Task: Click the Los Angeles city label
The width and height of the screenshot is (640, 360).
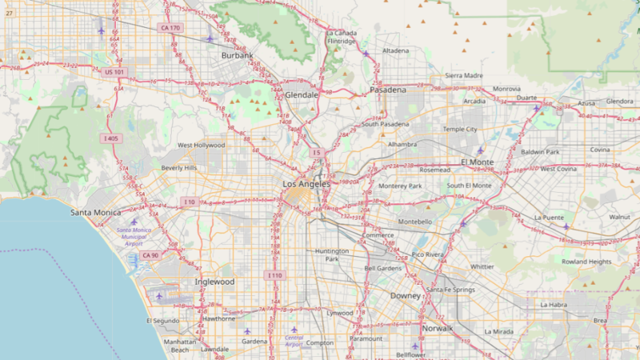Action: pos(306,184)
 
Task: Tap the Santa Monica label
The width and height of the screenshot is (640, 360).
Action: pos(96,212)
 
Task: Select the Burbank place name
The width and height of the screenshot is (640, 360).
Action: pos(237,56)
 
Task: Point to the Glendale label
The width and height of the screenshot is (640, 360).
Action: pos(302,94)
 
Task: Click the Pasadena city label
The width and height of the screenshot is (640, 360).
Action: pos(387,90)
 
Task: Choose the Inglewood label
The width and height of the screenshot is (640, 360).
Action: pos(214,282)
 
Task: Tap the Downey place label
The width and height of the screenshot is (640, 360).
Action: pos(405,295)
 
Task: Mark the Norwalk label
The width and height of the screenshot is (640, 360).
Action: pos(437,329)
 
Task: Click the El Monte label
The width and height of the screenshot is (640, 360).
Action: pos(478,162)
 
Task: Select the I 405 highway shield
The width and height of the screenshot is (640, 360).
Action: pos(111,138)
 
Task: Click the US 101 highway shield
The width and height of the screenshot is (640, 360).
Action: pos(114,72)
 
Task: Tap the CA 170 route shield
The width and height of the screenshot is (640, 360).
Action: pos(170,28)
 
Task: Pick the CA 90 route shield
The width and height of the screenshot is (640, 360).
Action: pos(150,255)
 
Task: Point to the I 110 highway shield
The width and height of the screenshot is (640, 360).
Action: pos(274,275)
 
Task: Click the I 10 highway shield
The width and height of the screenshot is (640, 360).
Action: pos(189,202)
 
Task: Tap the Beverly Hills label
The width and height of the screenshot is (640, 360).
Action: pos(178,168)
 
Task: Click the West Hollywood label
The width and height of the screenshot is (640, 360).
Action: pos(201,146)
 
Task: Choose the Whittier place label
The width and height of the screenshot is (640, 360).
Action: pos(482,266)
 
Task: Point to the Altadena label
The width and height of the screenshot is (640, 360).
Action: pos(395,50)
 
